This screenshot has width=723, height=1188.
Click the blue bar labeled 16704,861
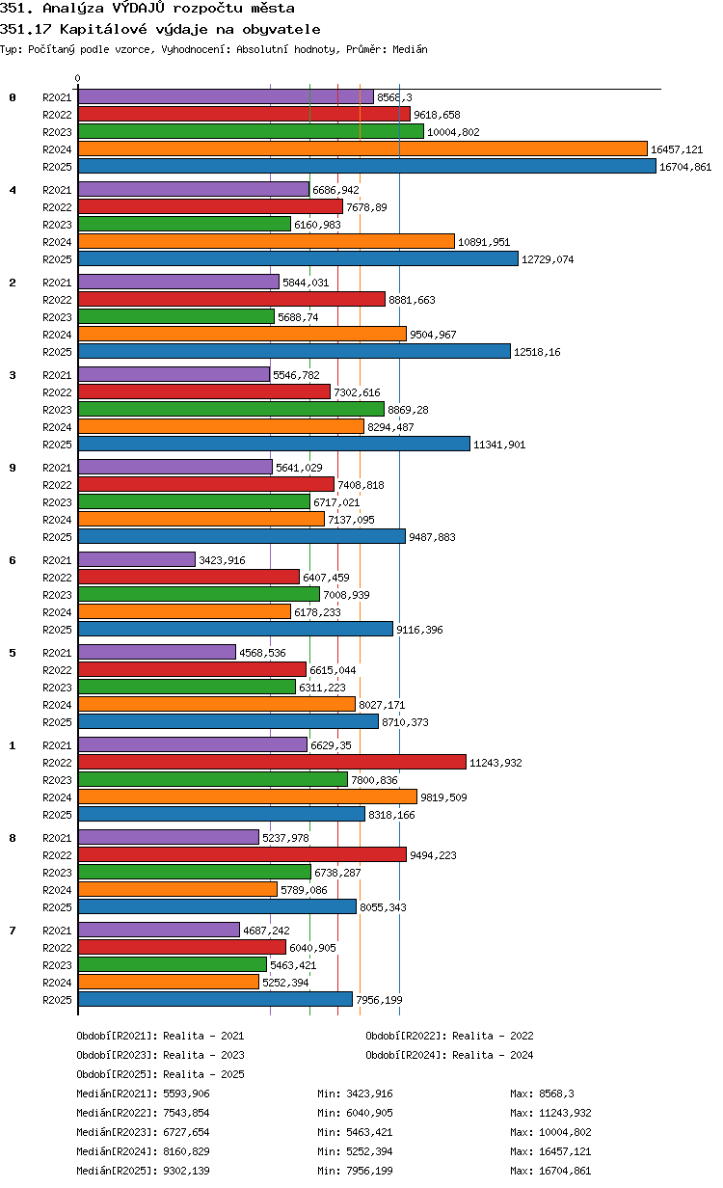coord(366,167)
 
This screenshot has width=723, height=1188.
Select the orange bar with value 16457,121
coord(362,149)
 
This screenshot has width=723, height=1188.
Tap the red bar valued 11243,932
coord(272,762)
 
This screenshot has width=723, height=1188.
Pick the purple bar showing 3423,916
coord(137,559)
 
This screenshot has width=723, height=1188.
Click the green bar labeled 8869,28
coord(231,409)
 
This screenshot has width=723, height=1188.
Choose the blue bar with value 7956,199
coord(215,999)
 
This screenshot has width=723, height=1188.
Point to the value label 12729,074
coord(548,259)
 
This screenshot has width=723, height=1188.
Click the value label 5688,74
coord(298,317)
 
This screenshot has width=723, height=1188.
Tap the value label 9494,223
coord(433,855)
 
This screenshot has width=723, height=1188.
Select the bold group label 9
coord(13,468)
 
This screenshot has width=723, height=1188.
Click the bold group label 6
coord(13,560)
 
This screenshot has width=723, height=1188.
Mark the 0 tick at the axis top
coord(78,78)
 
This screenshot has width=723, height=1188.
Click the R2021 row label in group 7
coord(57,931)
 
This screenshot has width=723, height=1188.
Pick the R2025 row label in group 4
coord(57,259)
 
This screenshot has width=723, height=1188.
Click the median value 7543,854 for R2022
coord(186,1113)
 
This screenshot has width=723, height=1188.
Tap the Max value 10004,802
coord(565,1132)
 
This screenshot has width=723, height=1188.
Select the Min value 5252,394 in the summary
coord(369,1151)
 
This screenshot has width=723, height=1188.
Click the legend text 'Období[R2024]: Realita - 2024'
coord(449,1054)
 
